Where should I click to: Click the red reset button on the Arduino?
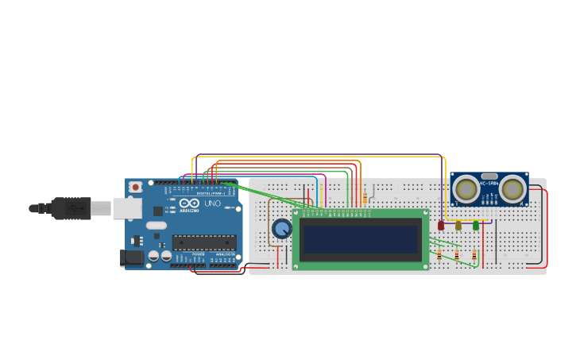pos(136,187)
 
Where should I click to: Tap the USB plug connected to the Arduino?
pos(72,208)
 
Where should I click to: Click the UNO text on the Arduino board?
pos(213,203)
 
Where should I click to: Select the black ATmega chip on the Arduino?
pos(203,242)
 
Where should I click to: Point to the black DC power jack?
pos(131,257)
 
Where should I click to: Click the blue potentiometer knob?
pos(281,229)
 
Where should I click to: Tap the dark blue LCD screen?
pos(361,239)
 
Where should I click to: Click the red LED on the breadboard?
pos(441,226)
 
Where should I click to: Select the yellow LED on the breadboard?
pos(458,226)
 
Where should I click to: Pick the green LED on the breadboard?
pos(476,226)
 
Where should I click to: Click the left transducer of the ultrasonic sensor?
pos(466,189)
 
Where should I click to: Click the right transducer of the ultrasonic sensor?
pos(512,189)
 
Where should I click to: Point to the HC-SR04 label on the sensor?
pos(488,184)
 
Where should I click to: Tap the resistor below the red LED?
pos(439,254)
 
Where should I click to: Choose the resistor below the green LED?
pos(474,254)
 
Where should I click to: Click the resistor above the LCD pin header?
pos(365,197)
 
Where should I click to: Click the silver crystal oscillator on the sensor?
pos(489,176)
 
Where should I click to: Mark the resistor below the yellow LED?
pos(457,254)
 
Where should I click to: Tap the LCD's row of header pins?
pos(337,213)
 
